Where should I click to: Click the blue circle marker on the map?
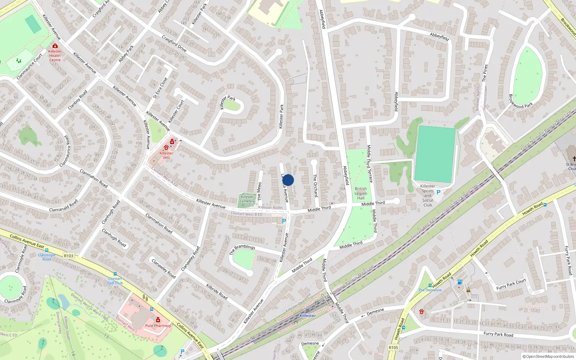(x=288, y=180)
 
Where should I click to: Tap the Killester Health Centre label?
(x=55, y=55)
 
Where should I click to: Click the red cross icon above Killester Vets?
(x=172, y=141)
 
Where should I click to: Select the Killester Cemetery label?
(x=247, y=199)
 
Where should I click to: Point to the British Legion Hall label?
(x=361, y=193)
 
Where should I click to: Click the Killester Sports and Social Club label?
(x=427, y=195)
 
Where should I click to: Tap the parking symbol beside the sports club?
(x=438, y=192)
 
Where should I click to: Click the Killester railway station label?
(x=308, y=315)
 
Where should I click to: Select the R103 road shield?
(x=68, y=256)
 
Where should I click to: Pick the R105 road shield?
(x=393, y=347)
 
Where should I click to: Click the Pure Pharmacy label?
(x=158, y=325)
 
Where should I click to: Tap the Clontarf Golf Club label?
(x=115, y=281)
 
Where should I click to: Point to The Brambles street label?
(x=242, y=249)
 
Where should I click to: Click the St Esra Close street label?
(x=160, y=88)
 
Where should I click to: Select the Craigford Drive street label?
(x=174, y=43)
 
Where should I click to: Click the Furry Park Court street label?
(x=511, y=284)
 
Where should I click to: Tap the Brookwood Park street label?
(x=521, y=102)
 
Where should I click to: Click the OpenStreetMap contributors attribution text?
(x=548, y=356)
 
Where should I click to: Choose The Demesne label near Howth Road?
(x=430, y=290)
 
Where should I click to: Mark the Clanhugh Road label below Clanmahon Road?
(x=114, y=238)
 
